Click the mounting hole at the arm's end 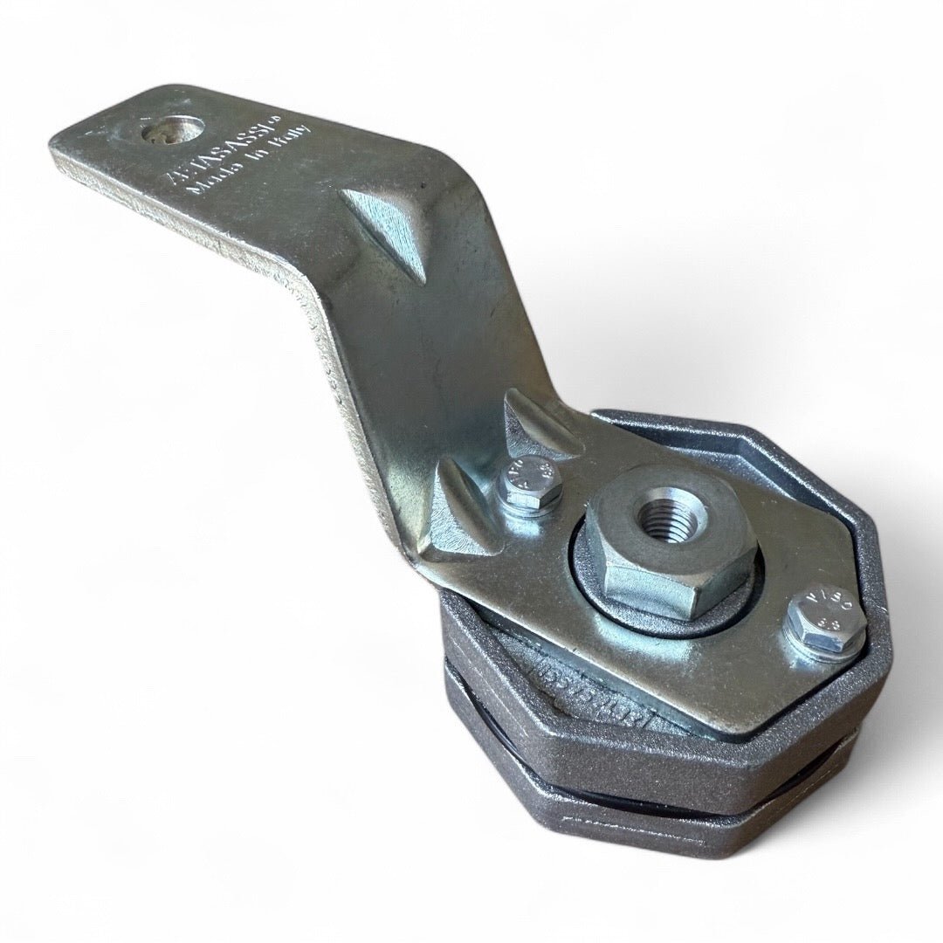pos(173,131)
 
